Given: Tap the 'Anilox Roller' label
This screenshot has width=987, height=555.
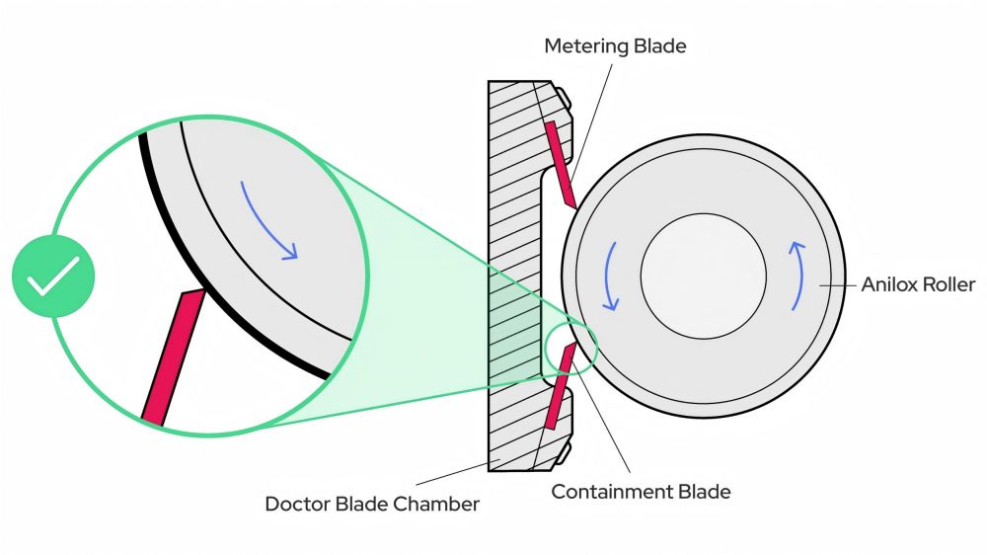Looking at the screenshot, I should pyautogui.click(x=918, y=284).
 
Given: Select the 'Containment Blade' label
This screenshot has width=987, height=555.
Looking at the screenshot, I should pyautogui.click(x=641, y=491).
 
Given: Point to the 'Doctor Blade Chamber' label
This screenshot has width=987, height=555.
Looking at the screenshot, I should pyautogui.click(x=372, y=504).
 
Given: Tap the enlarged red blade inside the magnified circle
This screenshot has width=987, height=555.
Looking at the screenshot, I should pyautogui.click(x=173, y=357).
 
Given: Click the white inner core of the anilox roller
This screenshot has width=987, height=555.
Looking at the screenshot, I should pyautogui.click(x=703, y=273).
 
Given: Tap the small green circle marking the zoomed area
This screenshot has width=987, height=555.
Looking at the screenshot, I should pyautogui.click(x=570, y=348).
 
